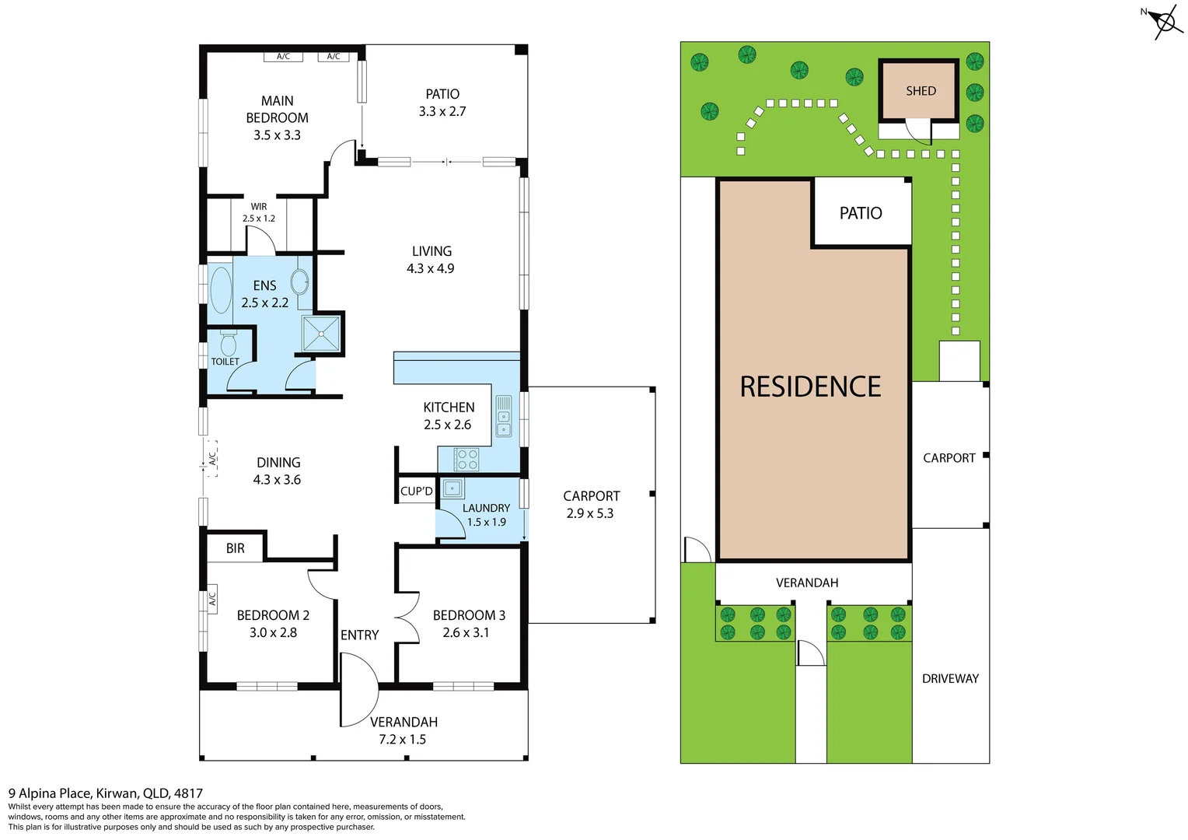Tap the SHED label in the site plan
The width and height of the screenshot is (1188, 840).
[921, 91]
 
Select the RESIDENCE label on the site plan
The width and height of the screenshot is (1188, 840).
[810, 387]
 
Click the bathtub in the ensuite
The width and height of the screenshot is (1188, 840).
[221, 290]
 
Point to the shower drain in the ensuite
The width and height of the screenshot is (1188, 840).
[321, 334]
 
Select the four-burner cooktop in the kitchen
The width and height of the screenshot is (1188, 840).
[467, 460]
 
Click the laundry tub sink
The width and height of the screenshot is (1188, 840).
[452, 488]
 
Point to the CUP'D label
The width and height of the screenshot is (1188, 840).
[416, 492]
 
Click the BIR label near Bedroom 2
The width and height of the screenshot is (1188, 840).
[236, 548]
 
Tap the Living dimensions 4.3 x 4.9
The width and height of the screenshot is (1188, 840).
[430, 269]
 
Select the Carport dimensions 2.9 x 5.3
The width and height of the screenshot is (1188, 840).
[590, 513]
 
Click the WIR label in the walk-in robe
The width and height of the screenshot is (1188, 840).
[259, 207]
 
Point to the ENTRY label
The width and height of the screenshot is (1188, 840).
[359, 635]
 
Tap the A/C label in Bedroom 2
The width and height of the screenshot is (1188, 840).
[211, 599]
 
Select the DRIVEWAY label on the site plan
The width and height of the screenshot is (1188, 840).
[950, 679]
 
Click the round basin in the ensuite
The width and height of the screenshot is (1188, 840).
[300, 281]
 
